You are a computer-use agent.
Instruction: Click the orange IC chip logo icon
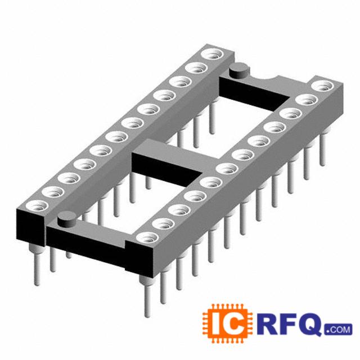pyautogui.click(x=227, y=323)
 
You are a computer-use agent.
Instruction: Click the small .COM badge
pyautogui.click(x=338, y=329)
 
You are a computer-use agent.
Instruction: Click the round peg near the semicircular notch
pyautogui.click(x=238, y=70)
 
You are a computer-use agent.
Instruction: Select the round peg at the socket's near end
pyautogui.click(x=66, y=219)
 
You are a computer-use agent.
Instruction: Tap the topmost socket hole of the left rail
pyautogui.click(x=212, y=55)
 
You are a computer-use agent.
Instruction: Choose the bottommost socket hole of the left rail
pyautogui.click(x=37, y=206)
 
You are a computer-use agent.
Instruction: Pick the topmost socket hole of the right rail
pyautogui.click(x=323, y=86)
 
